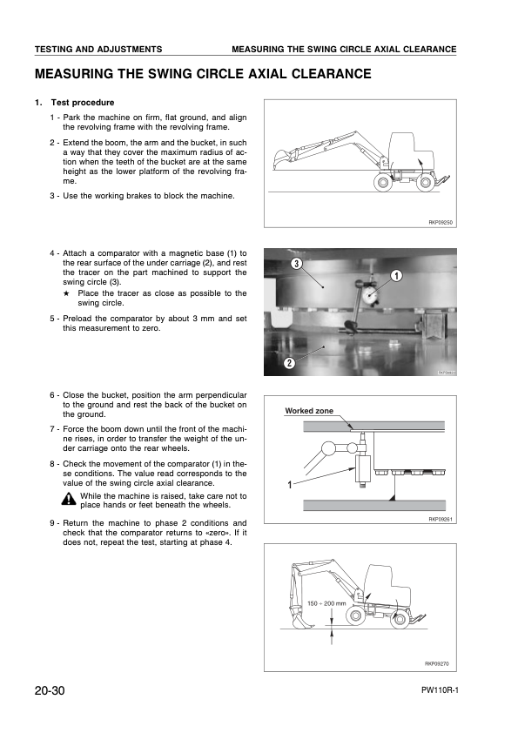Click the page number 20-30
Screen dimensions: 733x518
pyautogui.click(x=50, y=690)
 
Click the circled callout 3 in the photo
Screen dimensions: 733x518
pyautogui.click(x=297, y=263)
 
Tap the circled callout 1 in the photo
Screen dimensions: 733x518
pyautogui.click(x=396, y=276)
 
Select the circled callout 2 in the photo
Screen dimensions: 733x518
pyautogui.click(x=288, y=362)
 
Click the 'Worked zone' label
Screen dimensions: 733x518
pyautogui.click(x=309, y=410)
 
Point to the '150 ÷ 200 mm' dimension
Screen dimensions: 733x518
pyautogui.click(x=326, y=602)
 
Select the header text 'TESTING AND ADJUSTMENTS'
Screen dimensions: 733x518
pyautogui.click(x=98, y=49)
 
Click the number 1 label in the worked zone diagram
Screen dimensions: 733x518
pyautogui.click(x=287, y=485)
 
